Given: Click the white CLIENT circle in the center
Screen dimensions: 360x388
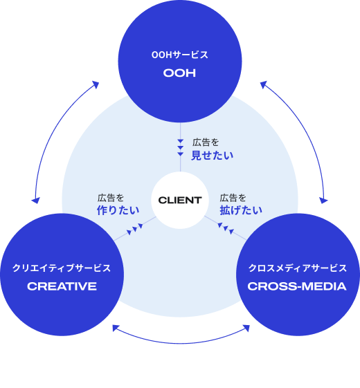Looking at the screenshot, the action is tap(180, 200).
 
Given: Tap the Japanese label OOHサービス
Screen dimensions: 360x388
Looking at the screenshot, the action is tap(179, 55).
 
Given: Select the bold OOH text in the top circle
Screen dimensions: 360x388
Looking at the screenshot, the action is tap(179, 73).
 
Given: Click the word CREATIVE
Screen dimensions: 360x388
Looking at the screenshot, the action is tap(62, 286).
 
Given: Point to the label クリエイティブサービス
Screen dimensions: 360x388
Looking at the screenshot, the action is tap(62, 268).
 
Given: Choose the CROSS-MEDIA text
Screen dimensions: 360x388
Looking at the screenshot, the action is tap(297, 286).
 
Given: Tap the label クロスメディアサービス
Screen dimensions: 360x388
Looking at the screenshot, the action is tap(297, 268).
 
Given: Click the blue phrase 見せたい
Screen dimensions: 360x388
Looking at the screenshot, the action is tap(212, 156).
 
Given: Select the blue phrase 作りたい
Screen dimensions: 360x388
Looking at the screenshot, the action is tap(118, 210).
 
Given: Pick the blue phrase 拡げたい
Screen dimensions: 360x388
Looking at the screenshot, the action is tap(241, 210).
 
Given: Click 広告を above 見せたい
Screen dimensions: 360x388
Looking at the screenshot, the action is tap(206, 142).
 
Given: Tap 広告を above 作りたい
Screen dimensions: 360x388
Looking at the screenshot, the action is tap(111, 198).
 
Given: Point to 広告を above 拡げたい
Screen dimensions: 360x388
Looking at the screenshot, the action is tap(233, 198).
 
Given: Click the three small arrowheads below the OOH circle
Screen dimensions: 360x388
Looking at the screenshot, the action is tap(181, 147).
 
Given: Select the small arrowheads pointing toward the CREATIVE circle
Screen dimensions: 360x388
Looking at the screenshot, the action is tap(135, 229).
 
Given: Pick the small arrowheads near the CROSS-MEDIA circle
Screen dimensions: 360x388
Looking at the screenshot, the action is tap(226, 228).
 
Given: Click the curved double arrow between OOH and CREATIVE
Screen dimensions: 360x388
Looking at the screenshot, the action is tap(57, 131).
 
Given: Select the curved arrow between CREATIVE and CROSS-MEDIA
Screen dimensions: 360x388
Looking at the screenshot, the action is tap(181, 343).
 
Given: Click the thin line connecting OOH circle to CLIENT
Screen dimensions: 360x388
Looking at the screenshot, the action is tap(181, 147).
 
